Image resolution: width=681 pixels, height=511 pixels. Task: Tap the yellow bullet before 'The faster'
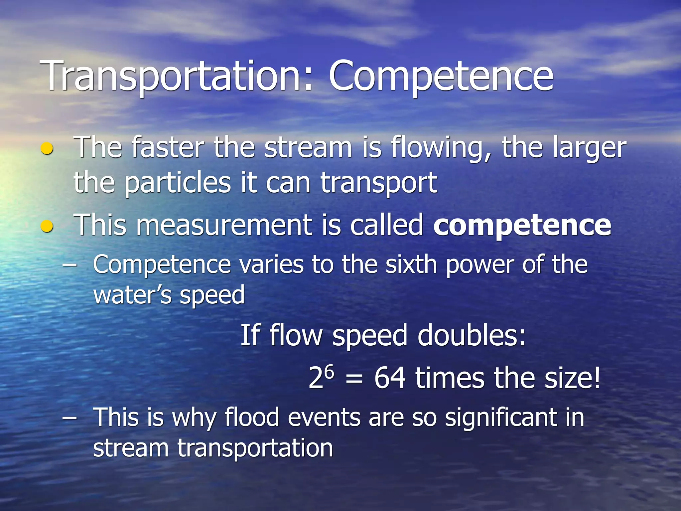[x=47, y=149]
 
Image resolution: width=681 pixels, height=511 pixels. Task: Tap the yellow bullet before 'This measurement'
[x=47, y=227]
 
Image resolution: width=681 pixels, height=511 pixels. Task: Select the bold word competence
[x=522, y=226]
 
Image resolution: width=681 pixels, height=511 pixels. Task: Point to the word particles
[x=178, y=183]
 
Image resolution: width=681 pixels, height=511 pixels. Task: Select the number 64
[x=390, y=378]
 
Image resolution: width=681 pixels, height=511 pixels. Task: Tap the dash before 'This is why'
[x=69, y=418]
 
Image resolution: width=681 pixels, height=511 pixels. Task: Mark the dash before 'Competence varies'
[x=69, y=265]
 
